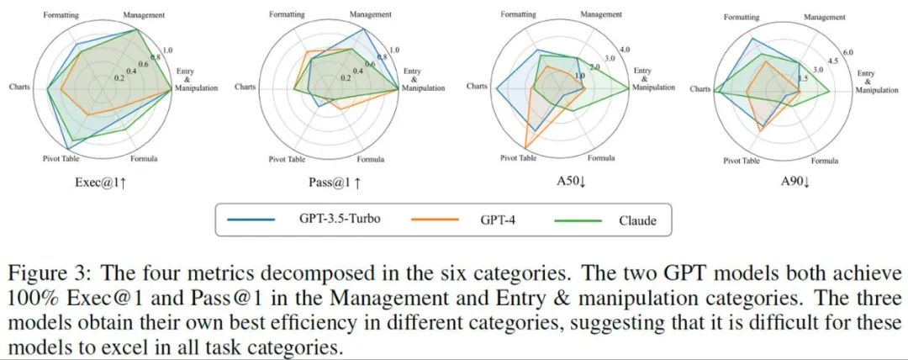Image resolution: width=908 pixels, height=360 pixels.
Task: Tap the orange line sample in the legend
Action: (x=434, y=220)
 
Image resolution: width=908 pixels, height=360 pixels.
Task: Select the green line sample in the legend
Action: (x=578, y=220)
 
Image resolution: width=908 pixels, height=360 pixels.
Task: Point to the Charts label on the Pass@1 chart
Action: (x=245, y=87)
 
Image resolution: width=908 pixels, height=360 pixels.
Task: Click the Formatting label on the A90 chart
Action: (x=741, y=17)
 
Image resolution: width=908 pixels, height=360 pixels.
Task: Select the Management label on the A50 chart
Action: (x=601, y=14)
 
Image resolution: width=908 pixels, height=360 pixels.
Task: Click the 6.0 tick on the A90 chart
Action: (x=848, y=52)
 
